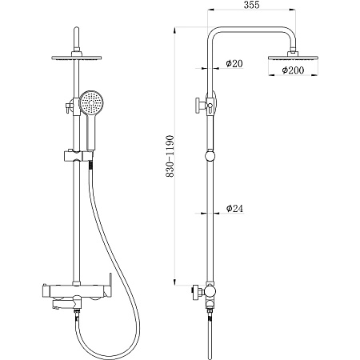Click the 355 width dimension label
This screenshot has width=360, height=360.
pos(251,5)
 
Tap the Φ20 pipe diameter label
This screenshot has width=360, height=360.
pos(234,63)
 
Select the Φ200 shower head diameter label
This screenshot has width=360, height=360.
pos(293,70)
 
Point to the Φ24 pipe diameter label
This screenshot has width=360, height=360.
pos(235,209)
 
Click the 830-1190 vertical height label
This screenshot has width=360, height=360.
pos(170,156)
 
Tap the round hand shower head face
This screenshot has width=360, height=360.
pos(91,102)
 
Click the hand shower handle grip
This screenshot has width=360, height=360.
pos(91,131)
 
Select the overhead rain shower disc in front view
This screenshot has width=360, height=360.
pos(77,58)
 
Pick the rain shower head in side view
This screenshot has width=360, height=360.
pos(293,58)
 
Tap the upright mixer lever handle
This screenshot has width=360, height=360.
pos(110,286)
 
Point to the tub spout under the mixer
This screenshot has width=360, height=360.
pos(66,303)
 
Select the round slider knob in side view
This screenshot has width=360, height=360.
pos(210,156)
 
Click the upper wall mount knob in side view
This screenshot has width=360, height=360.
pos(199,106)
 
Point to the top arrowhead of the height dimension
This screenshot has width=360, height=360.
pos(174,30)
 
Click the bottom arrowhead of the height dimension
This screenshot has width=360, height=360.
pos(174,282)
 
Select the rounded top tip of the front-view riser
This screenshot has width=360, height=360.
pos(77,28)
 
